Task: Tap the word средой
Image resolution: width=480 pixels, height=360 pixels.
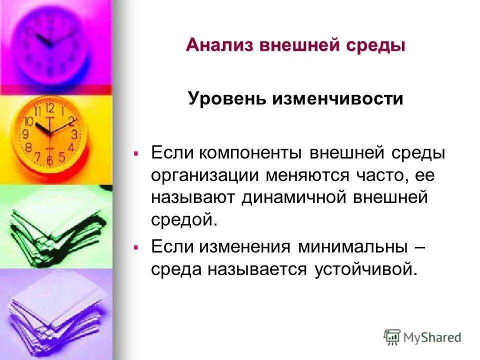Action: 184,220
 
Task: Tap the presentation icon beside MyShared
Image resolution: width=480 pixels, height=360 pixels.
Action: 392,336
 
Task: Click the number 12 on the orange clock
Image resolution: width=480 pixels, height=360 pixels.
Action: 49,107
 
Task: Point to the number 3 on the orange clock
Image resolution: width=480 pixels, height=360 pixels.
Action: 74,134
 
